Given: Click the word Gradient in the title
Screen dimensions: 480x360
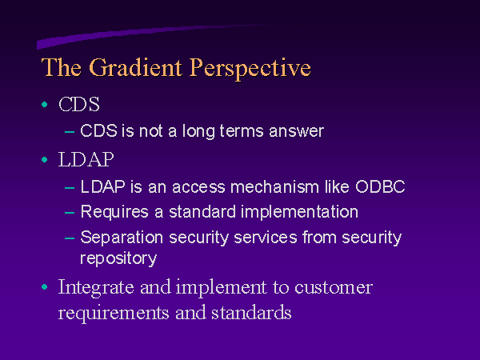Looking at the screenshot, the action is (x=136, y=68).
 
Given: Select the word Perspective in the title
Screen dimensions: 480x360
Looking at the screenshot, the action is (x=250, y=69).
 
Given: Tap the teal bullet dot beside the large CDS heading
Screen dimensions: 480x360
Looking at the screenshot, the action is (x=44, y=104).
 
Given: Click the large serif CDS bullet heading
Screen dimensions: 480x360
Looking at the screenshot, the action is (x=79, y=104).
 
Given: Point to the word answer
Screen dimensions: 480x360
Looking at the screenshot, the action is (x=296, y=132).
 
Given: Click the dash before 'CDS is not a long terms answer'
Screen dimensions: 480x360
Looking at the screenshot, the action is (x=70, y=132).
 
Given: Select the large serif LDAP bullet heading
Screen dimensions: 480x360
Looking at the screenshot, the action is (x=86, y=159).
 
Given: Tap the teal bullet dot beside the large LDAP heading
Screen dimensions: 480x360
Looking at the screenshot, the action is (x=44, y=159).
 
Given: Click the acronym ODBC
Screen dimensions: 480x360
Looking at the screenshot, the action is (x=380, y=187).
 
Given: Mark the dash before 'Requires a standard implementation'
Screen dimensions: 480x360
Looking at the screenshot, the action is (x=70, y=212).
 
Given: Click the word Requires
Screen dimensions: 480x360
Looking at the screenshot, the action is (x=114, y=213).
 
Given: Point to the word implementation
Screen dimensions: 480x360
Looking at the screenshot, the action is (x=299, y=213).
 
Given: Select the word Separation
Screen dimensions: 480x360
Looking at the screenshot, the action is (x=122, y=238).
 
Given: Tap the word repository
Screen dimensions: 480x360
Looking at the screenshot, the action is (x=118, y=259).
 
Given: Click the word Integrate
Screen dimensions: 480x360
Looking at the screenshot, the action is (x=96, y=288).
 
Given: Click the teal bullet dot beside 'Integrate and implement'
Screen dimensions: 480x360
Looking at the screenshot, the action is (x=44, y=287).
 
